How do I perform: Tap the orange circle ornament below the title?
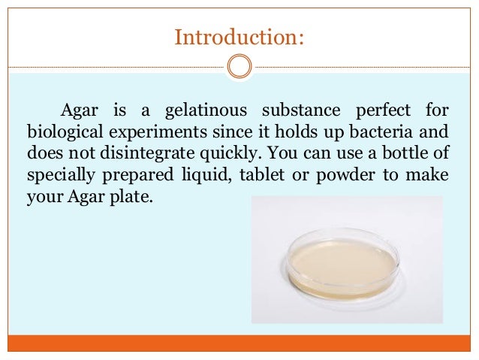pos(239,67)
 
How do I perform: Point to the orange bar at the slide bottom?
pos(239,343)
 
